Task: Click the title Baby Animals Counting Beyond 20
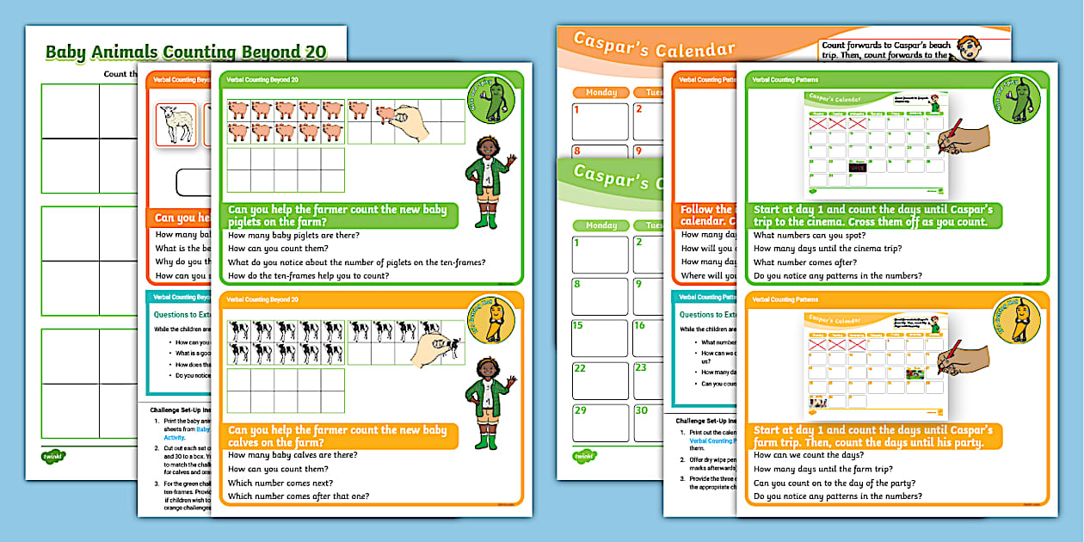[185, 52]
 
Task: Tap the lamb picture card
[176, 126]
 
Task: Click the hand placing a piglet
[403, 120]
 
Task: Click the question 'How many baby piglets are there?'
[294, 235]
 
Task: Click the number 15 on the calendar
[578, 326]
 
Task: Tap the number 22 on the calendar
[579, 368]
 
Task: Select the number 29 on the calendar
[579, 410]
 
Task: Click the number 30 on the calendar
[640, 410]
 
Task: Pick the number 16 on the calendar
[640, 326]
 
